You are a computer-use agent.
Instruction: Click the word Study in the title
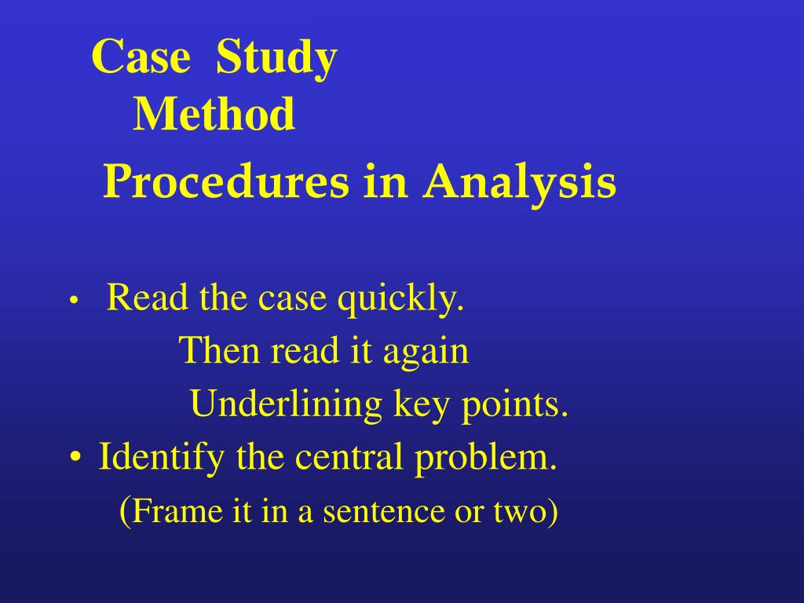(x=276, y=59)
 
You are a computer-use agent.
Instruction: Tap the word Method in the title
(x=214, y=115)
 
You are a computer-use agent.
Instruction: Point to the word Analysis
(x=521, y=183)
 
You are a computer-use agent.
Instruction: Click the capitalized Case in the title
(x=141, y=57)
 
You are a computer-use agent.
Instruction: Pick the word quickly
(x=401, y=300)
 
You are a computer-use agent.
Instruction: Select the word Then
(x=219, y=350)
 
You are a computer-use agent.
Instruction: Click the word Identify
(x=161, y=458)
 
